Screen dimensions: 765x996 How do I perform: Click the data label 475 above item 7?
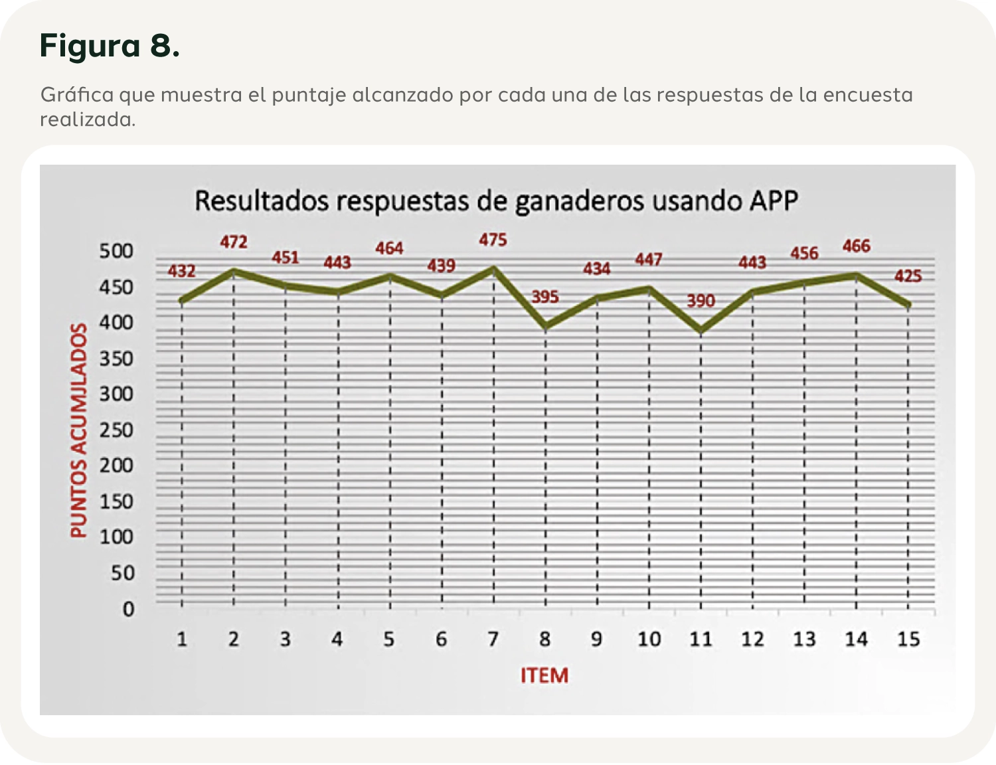[x=493, y=240]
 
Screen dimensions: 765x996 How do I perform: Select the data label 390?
[x=701, y=301]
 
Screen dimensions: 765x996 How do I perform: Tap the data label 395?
[x=545, y=297]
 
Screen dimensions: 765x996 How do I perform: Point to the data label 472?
[x=234, y=242]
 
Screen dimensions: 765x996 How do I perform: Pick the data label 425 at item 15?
[x=908, y=276]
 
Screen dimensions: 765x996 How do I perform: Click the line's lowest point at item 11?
[x=701, y=330]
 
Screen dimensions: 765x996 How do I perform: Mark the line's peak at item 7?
[x=493, y=269]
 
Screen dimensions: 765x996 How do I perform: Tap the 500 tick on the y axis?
[x=116, y=252]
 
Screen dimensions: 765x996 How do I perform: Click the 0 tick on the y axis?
[x=128, y=609]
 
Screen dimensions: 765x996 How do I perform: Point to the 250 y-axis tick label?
[x=116, y=430]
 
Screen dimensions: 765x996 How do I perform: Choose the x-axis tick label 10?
[x=649, y=639]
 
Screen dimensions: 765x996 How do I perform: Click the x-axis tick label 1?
[x=181, y=639]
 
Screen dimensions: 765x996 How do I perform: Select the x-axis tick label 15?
[x=908, y=639]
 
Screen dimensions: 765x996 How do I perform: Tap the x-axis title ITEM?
[x=544, y=676]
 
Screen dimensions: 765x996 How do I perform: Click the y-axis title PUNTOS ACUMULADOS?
[x=79, y=430]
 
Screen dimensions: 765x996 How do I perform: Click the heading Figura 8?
[x=110, y=46]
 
